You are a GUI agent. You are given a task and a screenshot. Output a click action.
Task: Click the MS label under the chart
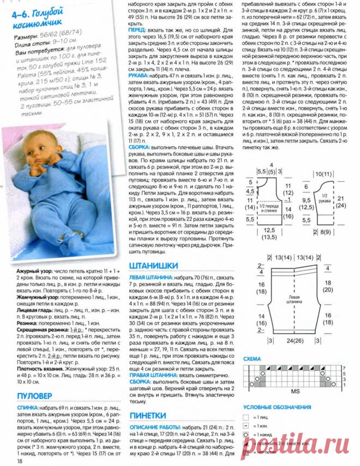click(280, 391)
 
